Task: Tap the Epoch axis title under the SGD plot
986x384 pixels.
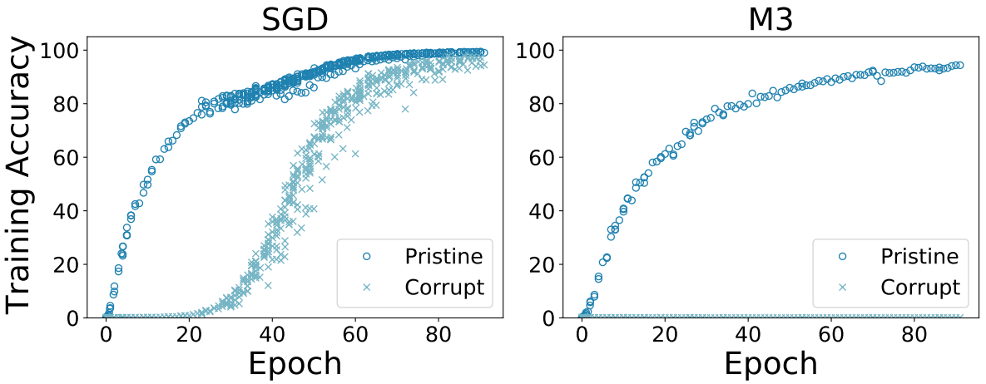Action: (x=294, y=363)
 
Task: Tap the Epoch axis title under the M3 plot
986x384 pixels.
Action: (x=770, y=363)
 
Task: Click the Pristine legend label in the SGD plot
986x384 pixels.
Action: (x=443, y=254)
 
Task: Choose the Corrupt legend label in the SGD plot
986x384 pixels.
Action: (x=443, y=287)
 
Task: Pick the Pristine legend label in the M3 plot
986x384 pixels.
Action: (x=919, y=254)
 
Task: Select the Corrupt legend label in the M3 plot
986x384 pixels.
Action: (x=919, y=287)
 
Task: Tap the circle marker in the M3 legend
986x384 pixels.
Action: (x=844, y=255)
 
